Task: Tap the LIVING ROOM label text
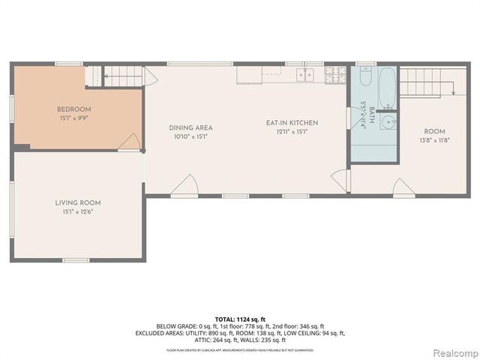77,202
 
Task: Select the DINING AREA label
190,127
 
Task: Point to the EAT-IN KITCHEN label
292,122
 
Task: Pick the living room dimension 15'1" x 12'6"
77,212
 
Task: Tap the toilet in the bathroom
365,76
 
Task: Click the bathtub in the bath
386,87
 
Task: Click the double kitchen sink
305,74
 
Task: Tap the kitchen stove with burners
335,74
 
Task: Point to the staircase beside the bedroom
121,75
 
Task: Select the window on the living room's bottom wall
76,260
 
